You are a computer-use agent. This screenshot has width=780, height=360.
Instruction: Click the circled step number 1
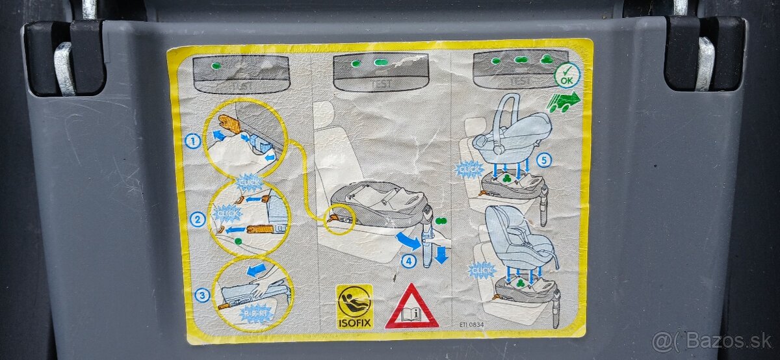(x=192, y=140)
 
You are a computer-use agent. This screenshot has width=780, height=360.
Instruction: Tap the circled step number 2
(x=198, y=220)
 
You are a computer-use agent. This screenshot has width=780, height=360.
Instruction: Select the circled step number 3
(x=202, y=295)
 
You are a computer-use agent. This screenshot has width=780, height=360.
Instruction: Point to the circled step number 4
(x=408, y=262)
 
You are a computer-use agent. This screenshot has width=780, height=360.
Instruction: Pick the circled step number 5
(x=543, y=160)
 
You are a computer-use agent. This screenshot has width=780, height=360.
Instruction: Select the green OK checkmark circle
(x=567, y=75)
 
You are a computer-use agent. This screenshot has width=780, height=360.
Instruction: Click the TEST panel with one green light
(x=240, y=73)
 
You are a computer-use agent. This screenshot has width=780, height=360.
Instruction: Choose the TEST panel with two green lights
(x=380, y=71)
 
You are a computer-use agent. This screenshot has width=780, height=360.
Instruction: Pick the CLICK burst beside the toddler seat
(x=482, y=270)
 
